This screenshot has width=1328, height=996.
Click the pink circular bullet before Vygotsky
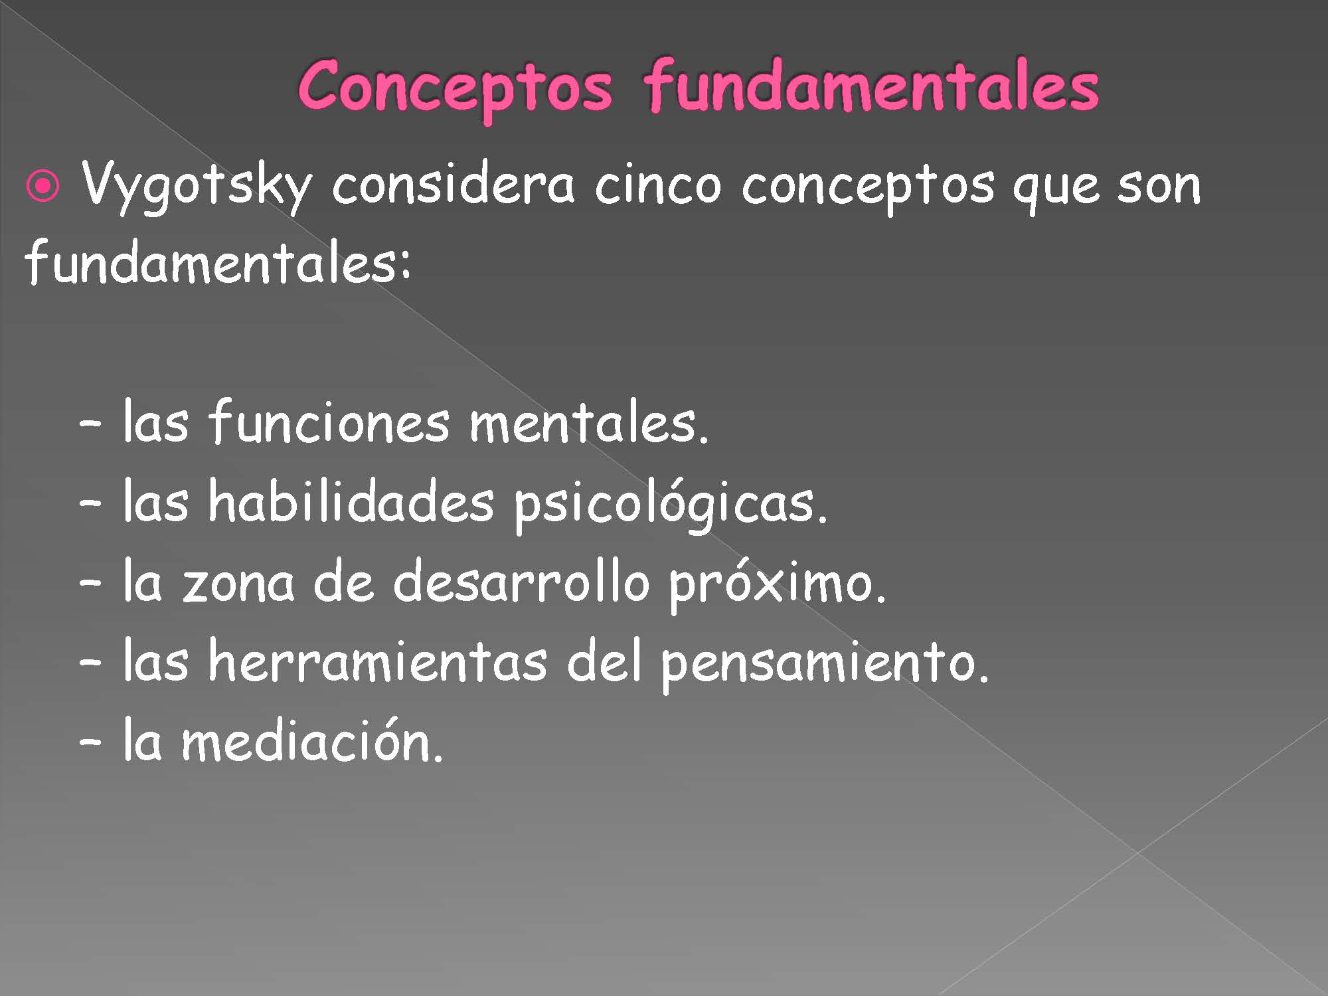coord(43,188)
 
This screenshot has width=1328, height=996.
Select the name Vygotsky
coord(196,185)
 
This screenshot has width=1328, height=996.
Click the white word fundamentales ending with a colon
coord(218,261)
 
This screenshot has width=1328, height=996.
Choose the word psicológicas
coord(671,505)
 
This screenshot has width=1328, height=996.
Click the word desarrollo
coord(521,580)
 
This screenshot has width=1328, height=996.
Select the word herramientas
coord(378,659)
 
